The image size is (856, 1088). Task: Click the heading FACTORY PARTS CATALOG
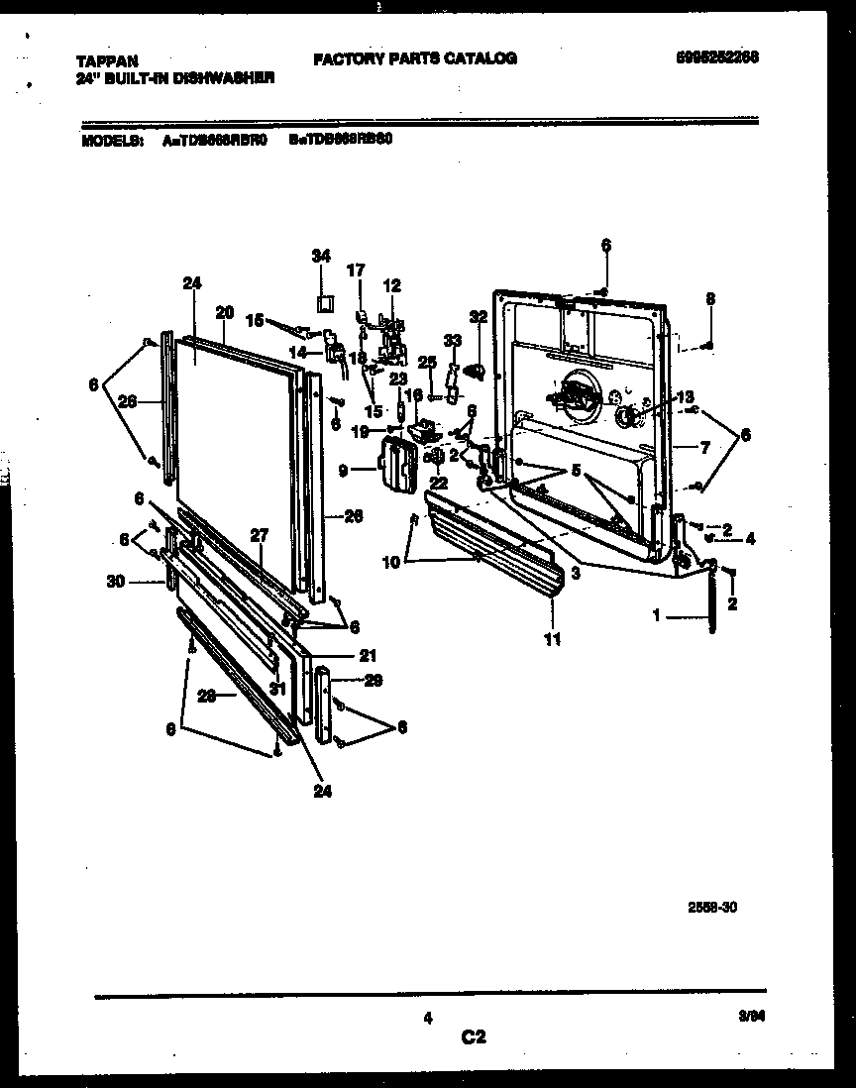click(x=415, y=58)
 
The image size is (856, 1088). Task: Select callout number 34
click(x=320, y=256)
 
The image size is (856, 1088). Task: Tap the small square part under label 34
click(x=322, y=301)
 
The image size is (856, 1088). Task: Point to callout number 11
click(x=552, y=640)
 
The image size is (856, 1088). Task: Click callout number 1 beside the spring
click(x=655, y=615)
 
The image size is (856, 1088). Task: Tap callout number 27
click(x=259, y=534)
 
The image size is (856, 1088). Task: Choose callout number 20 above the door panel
click(x=224, y=311)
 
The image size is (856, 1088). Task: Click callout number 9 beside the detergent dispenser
click(x=344, y=472)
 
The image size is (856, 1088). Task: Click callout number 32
click(x=479, y=316)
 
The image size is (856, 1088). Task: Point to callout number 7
click(x=704, y=448)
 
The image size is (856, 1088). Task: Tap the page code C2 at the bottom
click(x=474, y=1037)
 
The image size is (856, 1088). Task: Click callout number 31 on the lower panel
click(x=277, y=689)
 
